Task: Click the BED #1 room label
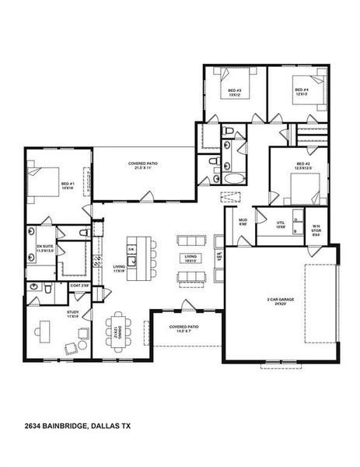67,186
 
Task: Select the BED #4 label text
301,92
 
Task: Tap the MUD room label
243,222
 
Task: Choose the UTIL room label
281,224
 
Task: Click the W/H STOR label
316,230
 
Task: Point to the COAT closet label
79,286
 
